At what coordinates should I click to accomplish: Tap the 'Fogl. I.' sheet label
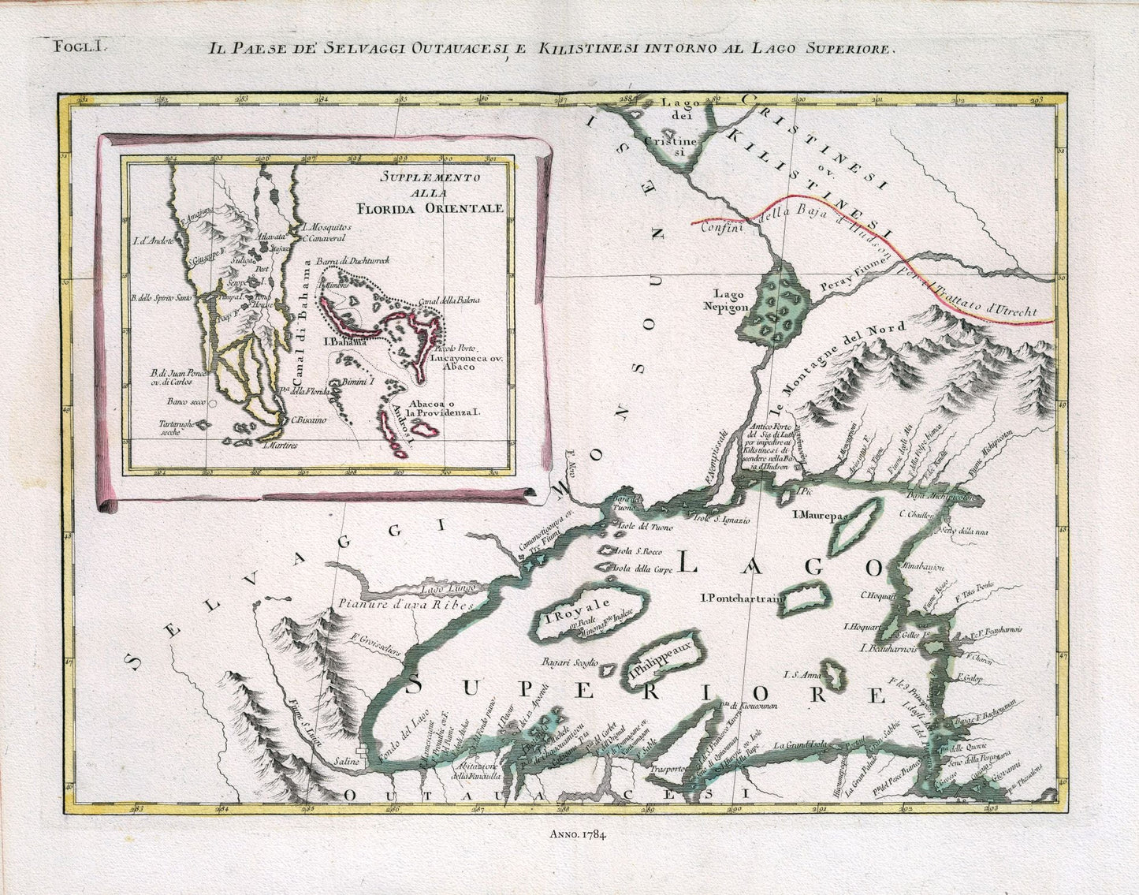point(78,46)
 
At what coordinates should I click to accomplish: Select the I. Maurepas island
point(853,528)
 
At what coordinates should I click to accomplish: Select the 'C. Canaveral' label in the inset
point(323,237)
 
